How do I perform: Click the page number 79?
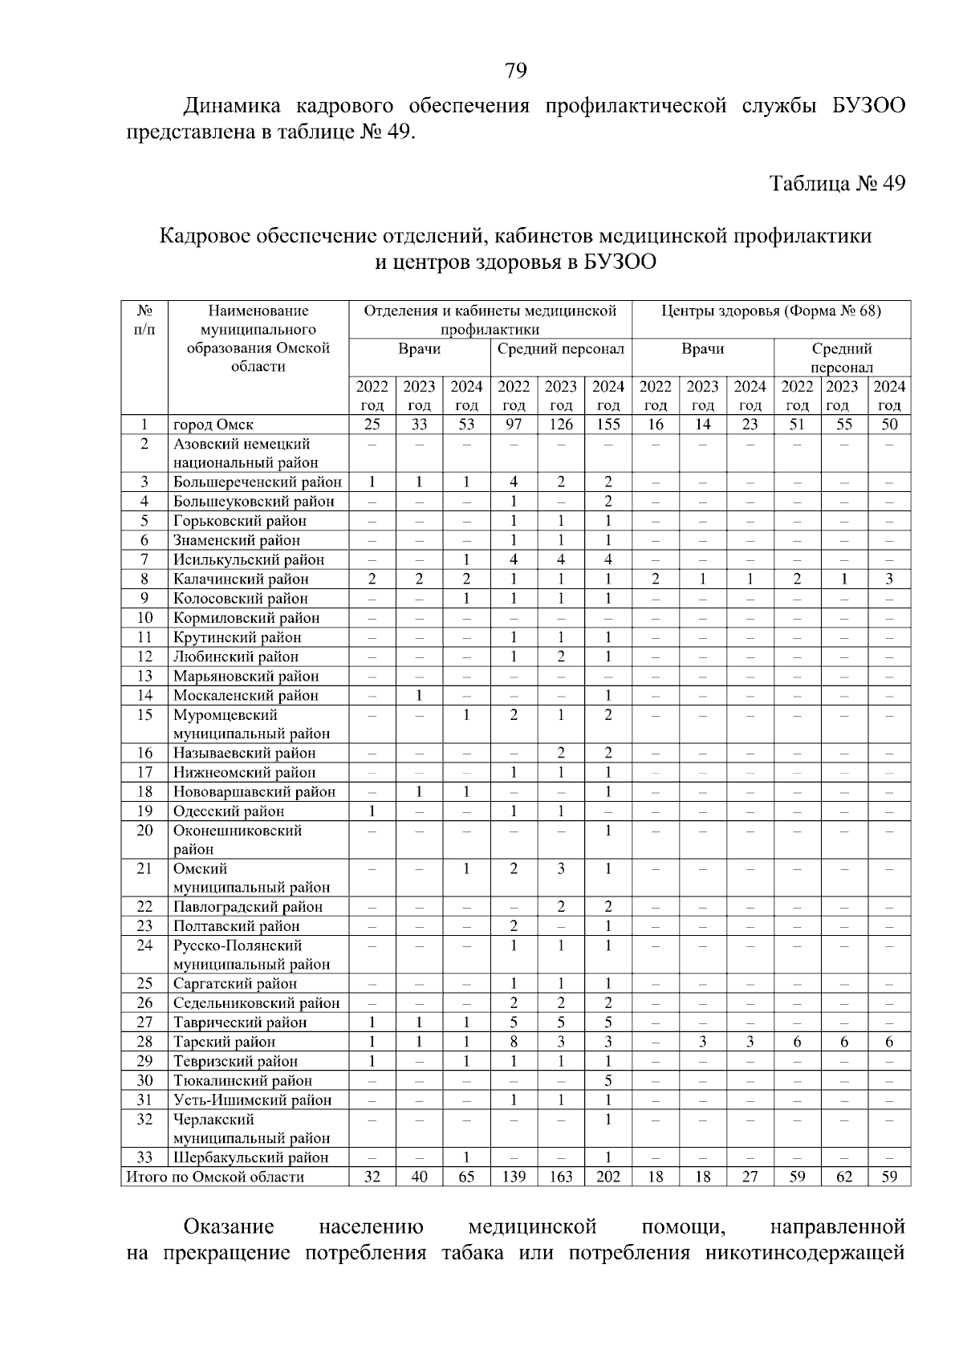pos(516,71)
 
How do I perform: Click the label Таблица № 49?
pos(838,184)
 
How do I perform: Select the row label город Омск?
pos(213,425)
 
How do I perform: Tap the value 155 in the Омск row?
pos(608,425)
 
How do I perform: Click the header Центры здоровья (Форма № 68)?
pos(771,311)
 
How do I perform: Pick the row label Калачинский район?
pos(241,579)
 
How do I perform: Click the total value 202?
pos(608,1177)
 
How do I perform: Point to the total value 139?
pos(514,1177)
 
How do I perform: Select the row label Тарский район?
pos(224,1042)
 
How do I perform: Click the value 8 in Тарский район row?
pos(514,1042)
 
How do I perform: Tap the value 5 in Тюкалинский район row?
pos(608,1080)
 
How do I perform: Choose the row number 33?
pos(144,1157)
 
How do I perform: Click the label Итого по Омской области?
pos(215,1177)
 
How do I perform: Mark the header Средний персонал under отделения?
pos(561,349)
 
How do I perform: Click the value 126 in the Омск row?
pos(561,425)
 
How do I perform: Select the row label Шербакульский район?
pos(251,1157)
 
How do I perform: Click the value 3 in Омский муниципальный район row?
pos(561,868)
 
